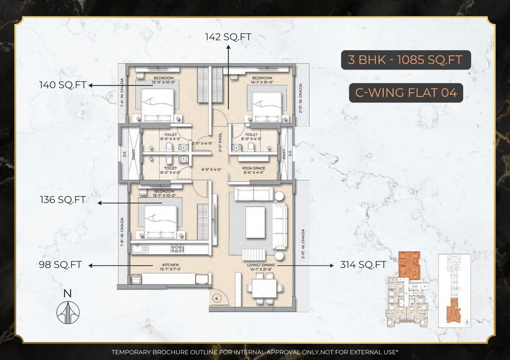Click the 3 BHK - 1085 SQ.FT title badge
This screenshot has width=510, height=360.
pyautogui.click(x=405, y=60)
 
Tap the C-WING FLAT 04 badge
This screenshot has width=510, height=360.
pyautogui.click(x=406, y=93)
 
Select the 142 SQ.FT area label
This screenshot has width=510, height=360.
pyautogui.click(x=228, y=37)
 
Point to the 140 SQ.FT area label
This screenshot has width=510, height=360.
pyautogui.click(x=62, y=85)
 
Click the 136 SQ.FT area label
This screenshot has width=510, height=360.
pyautogui.click(x=62, y=200)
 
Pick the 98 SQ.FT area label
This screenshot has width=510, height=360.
pyautogui.click(x=60, y=265)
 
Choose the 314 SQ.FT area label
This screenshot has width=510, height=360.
pyautogui.click(x=363, y=265)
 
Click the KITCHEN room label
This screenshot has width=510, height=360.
pyautogui.click(x=171, y=265)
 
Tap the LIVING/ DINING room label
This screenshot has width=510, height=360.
pyautogui.click(x=261, y=265)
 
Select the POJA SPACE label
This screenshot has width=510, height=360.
pyautogui.click(x=254, y=168)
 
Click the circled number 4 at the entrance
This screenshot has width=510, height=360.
pyautogui.click(x=217, y=299)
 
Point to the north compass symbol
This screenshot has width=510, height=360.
pyautogui.click(x=68, y=312)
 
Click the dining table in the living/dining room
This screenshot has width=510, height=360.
pyautogui.click(x=264, y=288)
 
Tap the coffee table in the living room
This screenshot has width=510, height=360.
pyautogui.click(x=255, y=222)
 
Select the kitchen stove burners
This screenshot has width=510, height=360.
pyautogui.click(x=177, y=248)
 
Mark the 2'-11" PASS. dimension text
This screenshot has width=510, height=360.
pyautogui.click(x=220, y=142)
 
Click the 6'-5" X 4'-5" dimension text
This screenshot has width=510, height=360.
pyautogui.click(x=211, y=169)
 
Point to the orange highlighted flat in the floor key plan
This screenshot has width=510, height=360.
pyautogui.click(x=409, y=265)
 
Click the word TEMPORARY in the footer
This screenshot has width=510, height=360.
pyautogui.click(x=131, y=352)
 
